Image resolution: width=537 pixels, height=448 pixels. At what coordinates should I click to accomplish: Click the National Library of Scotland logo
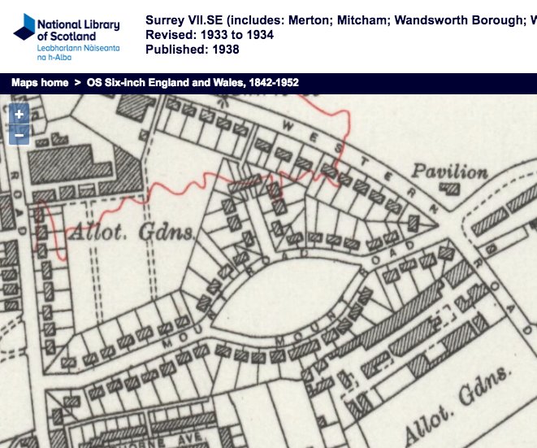(x=66, y=36)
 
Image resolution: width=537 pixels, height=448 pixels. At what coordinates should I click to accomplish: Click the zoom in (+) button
(x=19, y=115)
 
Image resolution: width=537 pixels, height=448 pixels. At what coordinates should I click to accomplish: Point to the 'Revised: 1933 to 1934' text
(x=209, y=35)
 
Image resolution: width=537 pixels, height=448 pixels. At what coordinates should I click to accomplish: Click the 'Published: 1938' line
(x=192, y=50)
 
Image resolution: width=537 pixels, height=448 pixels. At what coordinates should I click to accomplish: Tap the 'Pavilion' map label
(x=449, y=172)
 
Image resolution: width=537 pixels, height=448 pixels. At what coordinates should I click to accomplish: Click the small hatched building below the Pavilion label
(x=448, y=190)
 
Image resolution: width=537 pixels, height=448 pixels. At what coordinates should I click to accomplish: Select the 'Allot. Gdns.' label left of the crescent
(x=131, y=233)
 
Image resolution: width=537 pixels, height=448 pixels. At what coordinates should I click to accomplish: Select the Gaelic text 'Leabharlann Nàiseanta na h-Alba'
(x=78, y=54)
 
